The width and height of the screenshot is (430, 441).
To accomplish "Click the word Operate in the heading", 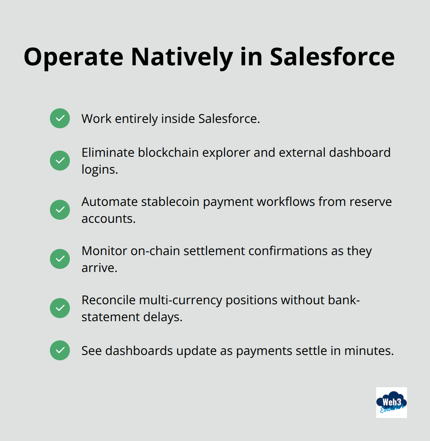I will click(x=73, y=57).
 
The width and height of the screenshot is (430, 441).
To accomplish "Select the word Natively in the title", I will click(x=182, y=57).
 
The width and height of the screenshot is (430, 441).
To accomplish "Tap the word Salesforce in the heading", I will click(x=332, y=57).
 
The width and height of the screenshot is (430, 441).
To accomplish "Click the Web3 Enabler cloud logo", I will click(x=391, y=403).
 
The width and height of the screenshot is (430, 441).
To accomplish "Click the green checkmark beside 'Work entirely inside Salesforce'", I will click(x=60, y=118).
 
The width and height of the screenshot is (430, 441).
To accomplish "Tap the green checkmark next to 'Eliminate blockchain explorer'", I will click(x=60, y=161).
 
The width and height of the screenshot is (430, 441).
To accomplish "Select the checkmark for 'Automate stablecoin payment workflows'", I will click(x=60, y=210).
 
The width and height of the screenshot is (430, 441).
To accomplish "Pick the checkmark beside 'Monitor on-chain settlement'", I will click(x=60, y=259).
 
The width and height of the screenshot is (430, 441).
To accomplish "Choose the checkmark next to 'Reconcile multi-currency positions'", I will click(x=60, y=308).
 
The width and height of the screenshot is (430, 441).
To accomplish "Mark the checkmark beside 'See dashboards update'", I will click(x=60, y=350).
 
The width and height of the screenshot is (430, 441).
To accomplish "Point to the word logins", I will click(x=99, y=169).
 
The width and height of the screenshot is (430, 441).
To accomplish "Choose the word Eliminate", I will click(x=108, y=153).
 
